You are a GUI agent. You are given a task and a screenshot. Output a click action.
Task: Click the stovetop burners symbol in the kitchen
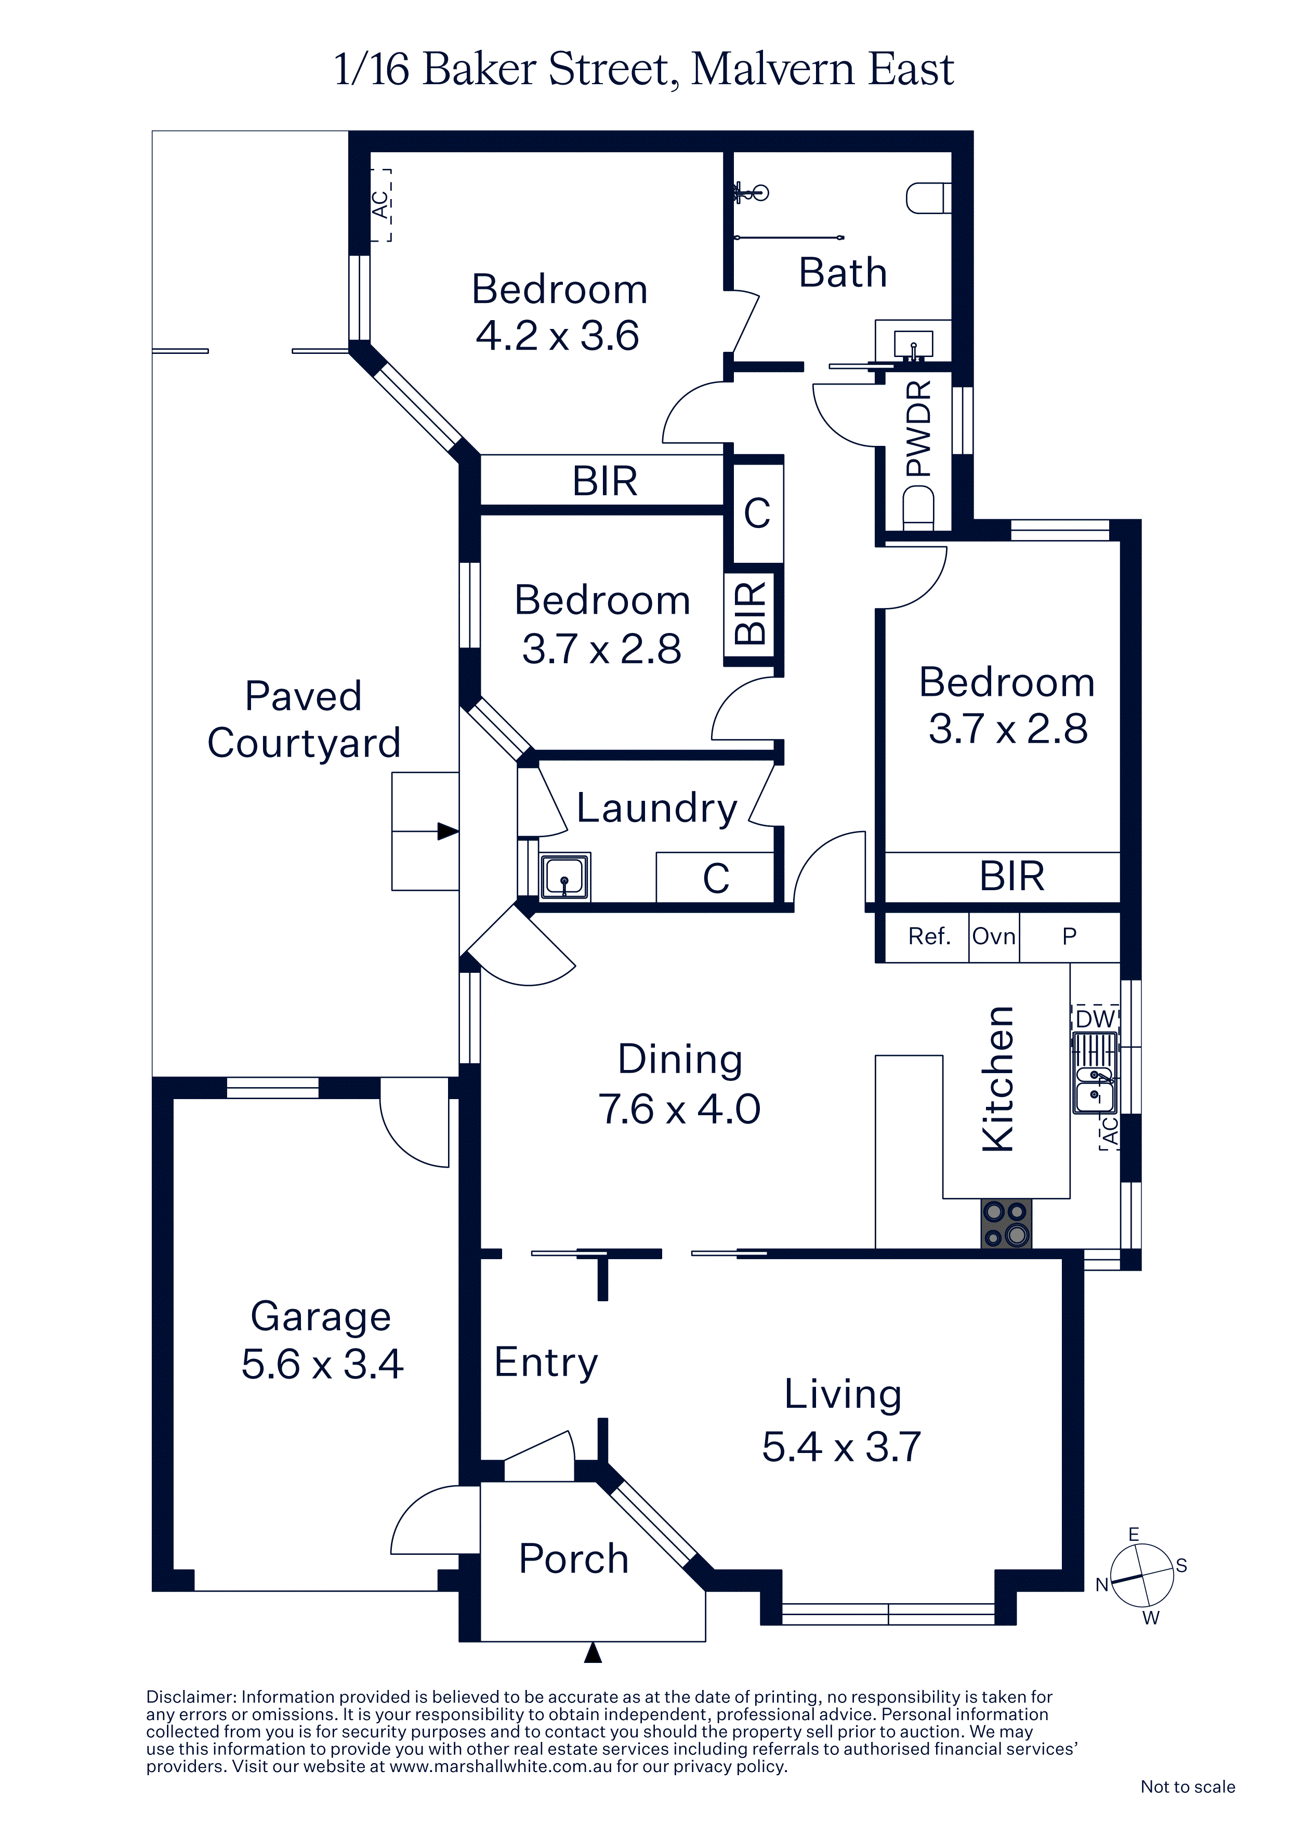pyautogui.click(x=1006, y=1223)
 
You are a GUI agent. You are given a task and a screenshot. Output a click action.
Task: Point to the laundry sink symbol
pyautogui.click(x=564, y=877)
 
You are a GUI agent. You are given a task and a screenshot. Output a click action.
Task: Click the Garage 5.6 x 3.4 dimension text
pyautogui.click(x=322, y=1364)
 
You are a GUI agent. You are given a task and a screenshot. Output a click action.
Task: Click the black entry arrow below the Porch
pyautogui.click(x=593, y=1653)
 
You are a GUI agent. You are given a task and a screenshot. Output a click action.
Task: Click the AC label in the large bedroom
pyautogui.click(x=381, y=205)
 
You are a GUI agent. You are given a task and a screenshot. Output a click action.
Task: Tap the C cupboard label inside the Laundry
pyautogui.click(x=716, y=878)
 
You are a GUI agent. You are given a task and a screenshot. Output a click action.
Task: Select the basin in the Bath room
pyautogui.click(x=913, y=344)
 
